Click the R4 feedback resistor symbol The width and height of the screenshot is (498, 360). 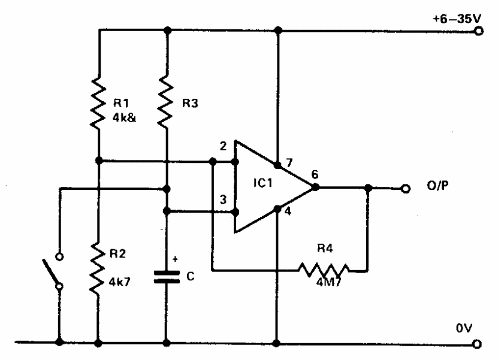coord(324,270)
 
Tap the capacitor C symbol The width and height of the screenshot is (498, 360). coord(167,277)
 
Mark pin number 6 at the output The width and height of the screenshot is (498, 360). coord(315,174)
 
